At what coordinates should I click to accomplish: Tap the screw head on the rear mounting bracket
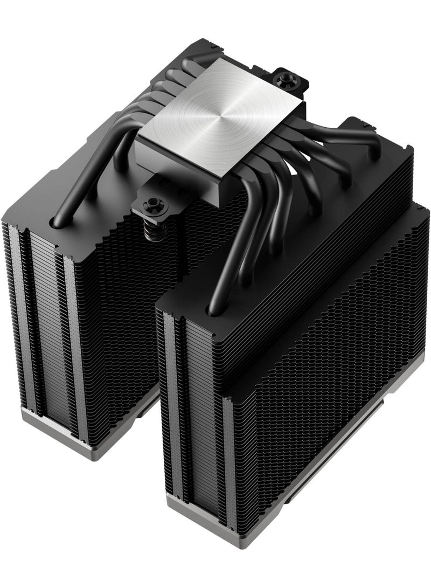tap(282, 80)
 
